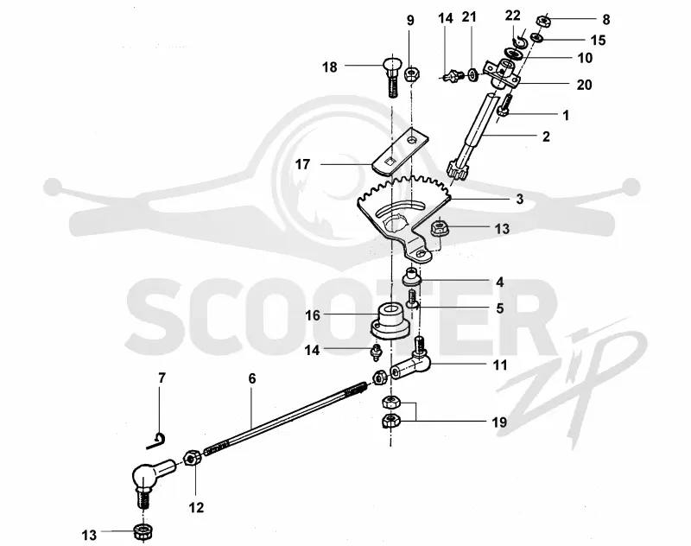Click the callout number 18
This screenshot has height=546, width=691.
(330, 67)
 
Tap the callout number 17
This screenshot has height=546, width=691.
(302, 164)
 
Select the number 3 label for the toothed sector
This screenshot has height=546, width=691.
(520, 199)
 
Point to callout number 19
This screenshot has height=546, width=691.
(499, 422)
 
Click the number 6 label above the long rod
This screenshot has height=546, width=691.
(252, 378)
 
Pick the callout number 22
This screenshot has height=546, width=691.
(512, 16)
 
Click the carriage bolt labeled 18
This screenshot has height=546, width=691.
(391, 77)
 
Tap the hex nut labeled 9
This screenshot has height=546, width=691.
(412, 73)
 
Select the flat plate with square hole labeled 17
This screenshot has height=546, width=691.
(400, 151)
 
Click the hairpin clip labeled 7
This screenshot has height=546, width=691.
(155, 441)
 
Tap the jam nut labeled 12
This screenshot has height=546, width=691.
(193, 458)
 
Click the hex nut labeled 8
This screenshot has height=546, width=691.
(544, 21)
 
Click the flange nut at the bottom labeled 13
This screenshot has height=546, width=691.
(143, 531)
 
